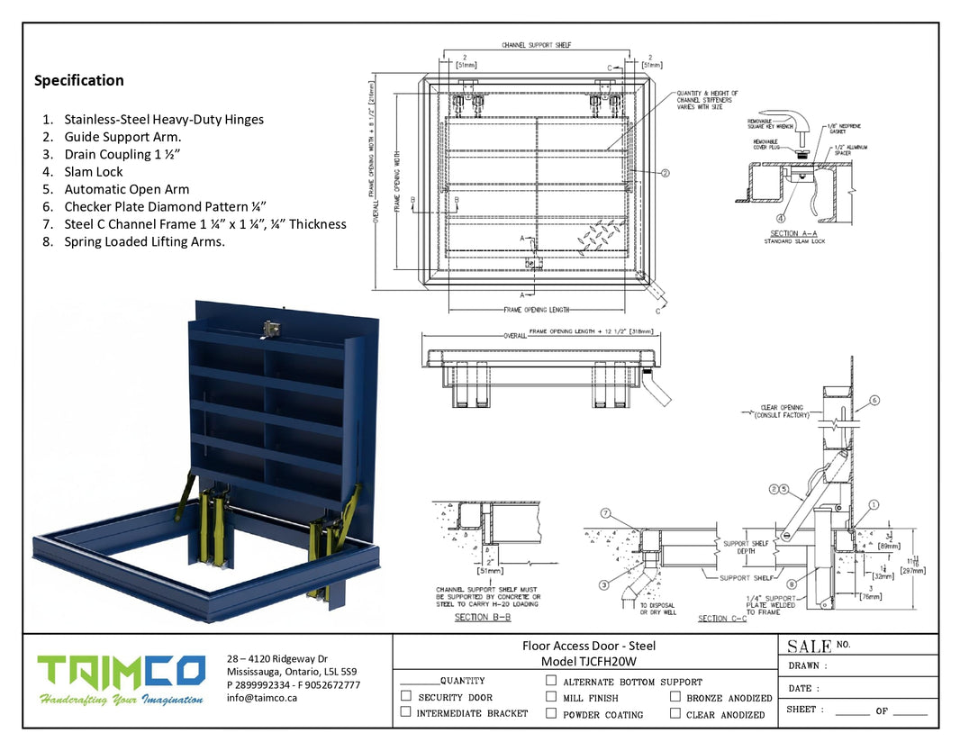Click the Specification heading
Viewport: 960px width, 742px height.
79,80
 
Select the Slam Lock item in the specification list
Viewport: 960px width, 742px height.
93,172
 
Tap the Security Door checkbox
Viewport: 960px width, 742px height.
406,696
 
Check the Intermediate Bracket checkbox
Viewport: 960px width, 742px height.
406,712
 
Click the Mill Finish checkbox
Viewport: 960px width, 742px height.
551,696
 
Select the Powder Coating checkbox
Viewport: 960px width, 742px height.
551,713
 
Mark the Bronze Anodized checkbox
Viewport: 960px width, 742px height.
675,696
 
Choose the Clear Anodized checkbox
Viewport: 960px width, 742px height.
675,713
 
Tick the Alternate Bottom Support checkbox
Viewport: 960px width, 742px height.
551,682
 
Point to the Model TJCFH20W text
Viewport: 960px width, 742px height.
589,661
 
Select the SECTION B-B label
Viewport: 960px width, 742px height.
485,617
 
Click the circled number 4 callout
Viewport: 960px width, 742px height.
780,217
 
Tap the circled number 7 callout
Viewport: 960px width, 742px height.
605,513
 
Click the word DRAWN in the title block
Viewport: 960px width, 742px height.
803,666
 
